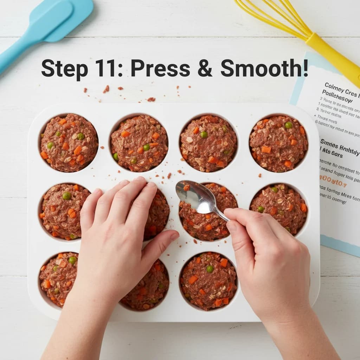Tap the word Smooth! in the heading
pyautogui.click(x=264, y=68)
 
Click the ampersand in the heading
pyautogui.click(x=205, y=68)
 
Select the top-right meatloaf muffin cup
pyautogui.click(x=278, y=143)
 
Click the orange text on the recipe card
pyautogui.click(x=333, y=184)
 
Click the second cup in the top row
pyautogui.click(x=139, y=143)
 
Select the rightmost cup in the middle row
pyautogui.click(x=278, y=209)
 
